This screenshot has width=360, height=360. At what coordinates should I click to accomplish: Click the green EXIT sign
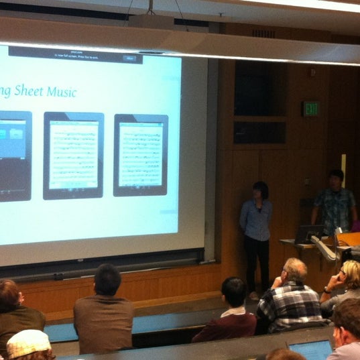click(311, 109)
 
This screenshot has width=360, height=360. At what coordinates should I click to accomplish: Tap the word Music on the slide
click(65, 92)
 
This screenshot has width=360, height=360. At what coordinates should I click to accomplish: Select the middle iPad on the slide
click(73, 155)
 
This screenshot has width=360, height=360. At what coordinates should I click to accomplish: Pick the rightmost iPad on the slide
click(140, 154)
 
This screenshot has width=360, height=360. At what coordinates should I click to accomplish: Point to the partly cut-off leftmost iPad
click(15, 156)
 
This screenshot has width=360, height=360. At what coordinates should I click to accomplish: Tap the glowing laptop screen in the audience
click(310, 349)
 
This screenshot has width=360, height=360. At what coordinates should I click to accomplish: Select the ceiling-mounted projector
click(151, 21)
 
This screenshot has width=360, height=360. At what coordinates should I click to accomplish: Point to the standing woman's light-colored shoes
click(253, 295)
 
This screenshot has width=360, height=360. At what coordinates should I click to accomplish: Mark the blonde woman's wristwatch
click(327, 290)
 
